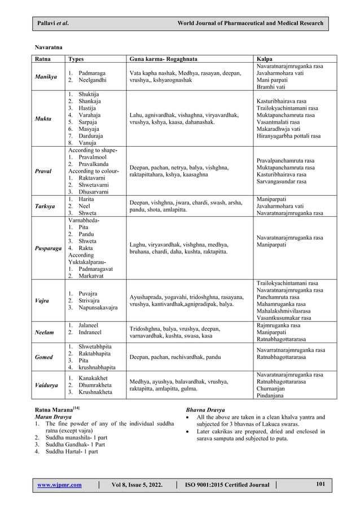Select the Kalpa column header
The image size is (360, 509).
(265, 59)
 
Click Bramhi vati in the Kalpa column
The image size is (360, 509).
(271, 87)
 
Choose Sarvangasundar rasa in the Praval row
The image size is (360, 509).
(281, 182)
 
